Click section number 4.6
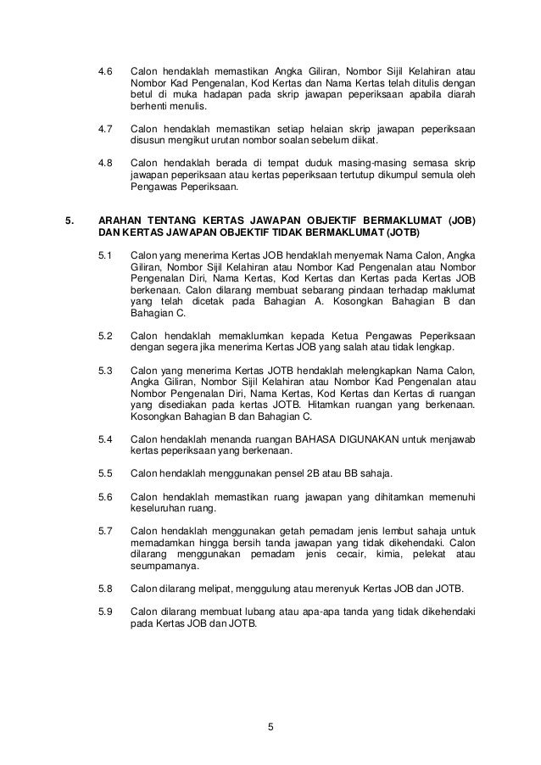(106, 70)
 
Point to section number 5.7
(106, 531)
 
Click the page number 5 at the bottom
(270, 724)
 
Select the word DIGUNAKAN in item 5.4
(369, 439)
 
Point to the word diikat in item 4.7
(365, 141)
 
